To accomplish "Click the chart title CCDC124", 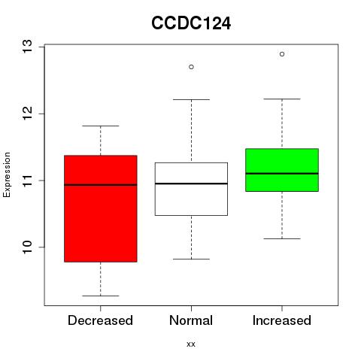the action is (191, 23).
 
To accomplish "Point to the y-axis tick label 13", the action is (27, 47).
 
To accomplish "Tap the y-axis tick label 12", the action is (27, 114).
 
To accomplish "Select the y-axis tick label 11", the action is (27, 180).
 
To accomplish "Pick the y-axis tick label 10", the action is (27, 247).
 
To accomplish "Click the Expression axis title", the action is (7, 174).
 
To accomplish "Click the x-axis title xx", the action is (191, 344).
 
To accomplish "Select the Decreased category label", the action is (100, 320).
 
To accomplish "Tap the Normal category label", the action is (191, 320).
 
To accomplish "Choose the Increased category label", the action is (282, 320).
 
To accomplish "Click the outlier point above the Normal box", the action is (191, 67).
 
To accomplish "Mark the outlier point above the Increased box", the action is (282, 54).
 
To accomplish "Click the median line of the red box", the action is (101, 185).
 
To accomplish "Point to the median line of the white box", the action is (191, 184).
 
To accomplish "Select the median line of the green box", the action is (282, 174).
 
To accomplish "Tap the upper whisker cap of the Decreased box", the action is (101, 126).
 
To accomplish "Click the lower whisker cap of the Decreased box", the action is (101, 296).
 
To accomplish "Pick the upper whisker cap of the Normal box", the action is (191, 99).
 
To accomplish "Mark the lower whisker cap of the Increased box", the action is (282, 238).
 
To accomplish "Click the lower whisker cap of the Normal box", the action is (191, 259).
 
